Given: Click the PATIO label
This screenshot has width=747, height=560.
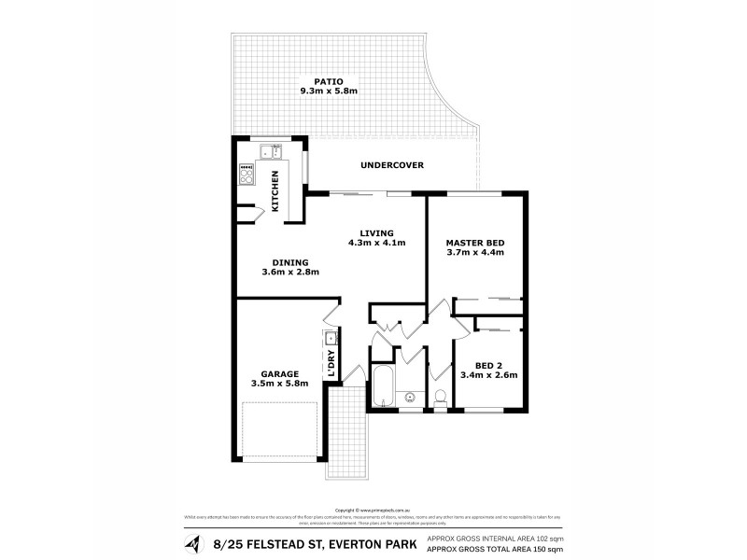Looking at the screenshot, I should point(329,80).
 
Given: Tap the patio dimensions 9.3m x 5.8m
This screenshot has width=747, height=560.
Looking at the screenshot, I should point(329,91).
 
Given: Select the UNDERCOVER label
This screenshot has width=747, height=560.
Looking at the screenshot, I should point(392,165).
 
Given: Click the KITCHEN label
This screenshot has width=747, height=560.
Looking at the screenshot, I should point(275,189).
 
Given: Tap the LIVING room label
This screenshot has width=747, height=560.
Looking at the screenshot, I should point(377,232).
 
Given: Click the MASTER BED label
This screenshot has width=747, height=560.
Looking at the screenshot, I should point(474,242).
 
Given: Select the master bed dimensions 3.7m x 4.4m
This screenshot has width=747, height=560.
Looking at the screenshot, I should point(474,253).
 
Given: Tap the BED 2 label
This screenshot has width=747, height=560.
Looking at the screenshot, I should point(488,365).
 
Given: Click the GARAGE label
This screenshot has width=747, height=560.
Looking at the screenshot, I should point(280,373).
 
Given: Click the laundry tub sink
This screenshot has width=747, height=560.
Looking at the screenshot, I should point(331,337).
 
